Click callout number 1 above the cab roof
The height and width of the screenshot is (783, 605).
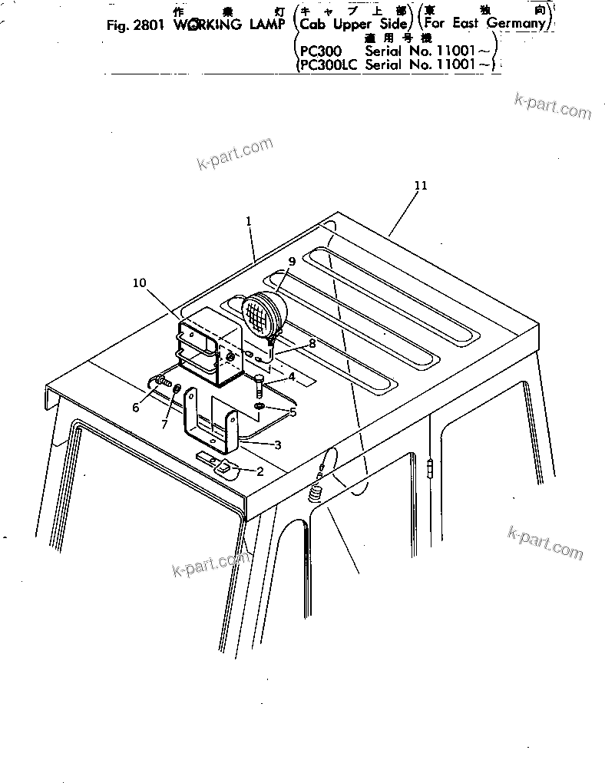249,220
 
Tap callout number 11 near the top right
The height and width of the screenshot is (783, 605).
420,186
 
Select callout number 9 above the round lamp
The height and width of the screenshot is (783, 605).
292,261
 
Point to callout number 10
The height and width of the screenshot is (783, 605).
139,282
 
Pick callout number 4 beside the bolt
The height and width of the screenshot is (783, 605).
291,377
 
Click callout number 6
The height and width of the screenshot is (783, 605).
135,408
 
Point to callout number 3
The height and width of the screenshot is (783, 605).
277,444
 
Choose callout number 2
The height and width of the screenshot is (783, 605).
260,471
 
